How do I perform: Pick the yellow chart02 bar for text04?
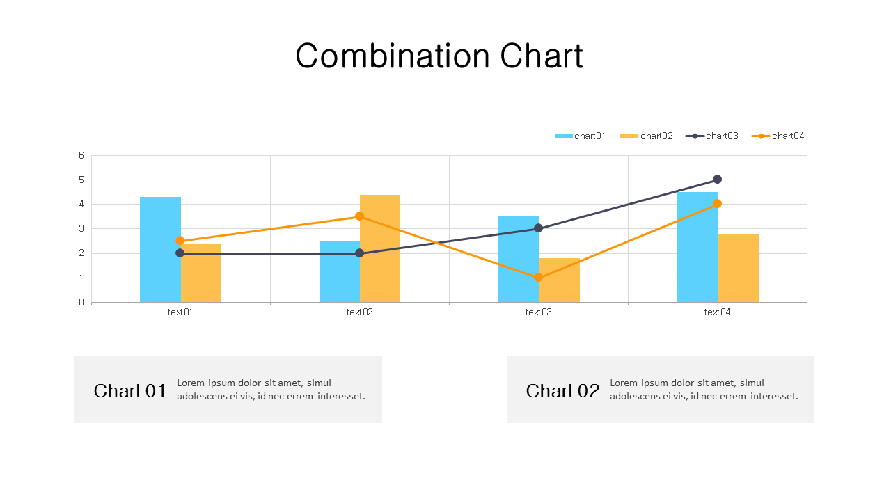[x=739, y=268]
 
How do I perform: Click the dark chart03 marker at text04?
[x=717, y=180]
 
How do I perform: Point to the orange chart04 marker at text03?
[x=538, y=278]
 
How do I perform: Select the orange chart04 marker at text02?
[x=359, y=216]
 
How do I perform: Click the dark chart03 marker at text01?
[x=180, y=253]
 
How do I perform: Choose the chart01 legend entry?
[x=581, y=136]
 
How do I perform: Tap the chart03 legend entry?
[x=712, y=136]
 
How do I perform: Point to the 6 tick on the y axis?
[x=81, y=156]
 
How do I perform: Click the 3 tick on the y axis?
[x=81, y=229]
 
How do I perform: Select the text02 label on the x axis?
[x=359, y=312]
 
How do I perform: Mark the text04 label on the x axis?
[x=717, y=312]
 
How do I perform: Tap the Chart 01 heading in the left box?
[x=130, y=391]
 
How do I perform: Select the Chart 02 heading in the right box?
[x=562, y=391]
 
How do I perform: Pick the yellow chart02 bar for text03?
[x=559, y=281]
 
